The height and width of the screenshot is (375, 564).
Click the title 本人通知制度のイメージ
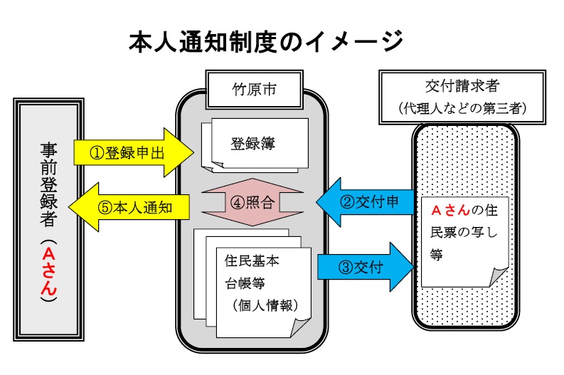[265, 41]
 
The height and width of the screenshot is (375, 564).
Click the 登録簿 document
[255, 142]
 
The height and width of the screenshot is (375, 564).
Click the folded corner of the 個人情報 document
[299, 328]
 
